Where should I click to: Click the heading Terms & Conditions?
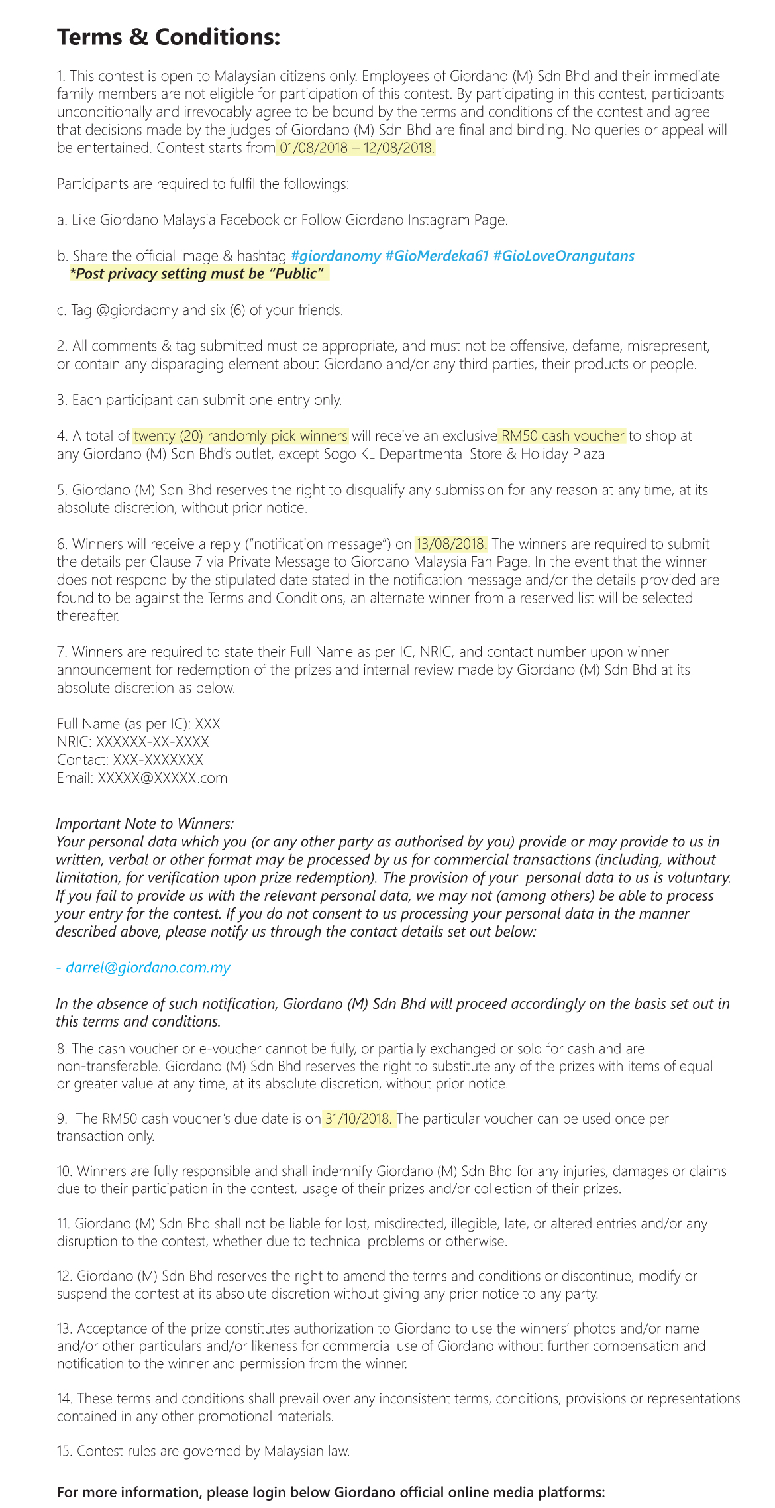click(x=168, y=37)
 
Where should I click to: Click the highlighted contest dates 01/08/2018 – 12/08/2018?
click(x=356, y=148)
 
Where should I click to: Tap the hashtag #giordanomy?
click(x=336, y=256)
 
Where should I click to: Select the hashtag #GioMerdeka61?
click(x=437, y=256)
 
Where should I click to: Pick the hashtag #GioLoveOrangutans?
click(x=564, y=256)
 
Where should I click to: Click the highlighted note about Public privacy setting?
click(x=199, y=274)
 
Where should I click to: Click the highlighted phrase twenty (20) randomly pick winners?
click(x=240, y=436)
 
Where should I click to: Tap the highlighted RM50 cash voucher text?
click(x=562, y=436)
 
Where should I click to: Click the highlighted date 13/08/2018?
click(x=451, y=544)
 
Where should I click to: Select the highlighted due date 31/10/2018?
click(x=358, y=1119)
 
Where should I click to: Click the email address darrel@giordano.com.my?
click(x=148, y=968)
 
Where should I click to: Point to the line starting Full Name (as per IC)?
click(x=138, y=724)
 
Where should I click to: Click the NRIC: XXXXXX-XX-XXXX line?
click(x=132, y=742)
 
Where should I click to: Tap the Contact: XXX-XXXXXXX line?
click(x=130, y=760)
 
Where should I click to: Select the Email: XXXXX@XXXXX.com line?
click(x=142, y=778)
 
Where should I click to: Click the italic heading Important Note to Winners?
click(x=144, y=823)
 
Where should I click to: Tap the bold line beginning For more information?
click(x=331, y=1492)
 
